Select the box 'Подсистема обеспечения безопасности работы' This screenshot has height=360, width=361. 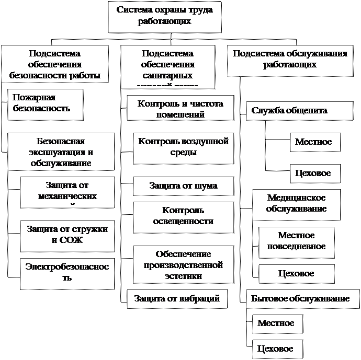point(55,64)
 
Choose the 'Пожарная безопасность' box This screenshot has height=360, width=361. point(46,103)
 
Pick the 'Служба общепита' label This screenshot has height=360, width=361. point(289,111)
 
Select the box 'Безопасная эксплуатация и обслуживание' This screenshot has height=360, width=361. point(61,152)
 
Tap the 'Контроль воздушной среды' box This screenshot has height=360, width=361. point(183,147)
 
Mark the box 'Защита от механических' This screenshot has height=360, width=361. point(67,192)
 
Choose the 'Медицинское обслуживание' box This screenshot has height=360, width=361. point(296,204)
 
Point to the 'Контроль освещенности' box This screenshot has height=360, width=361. point(183,216)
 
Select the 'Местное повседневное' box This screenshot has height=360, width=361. point(296,241)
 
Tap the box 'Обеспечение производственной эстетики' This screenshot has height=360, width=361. point(179,264)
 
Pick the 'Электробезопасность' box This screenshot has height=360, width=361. point(67,272)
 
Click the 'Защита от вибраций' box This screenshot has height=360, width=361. point(177,298)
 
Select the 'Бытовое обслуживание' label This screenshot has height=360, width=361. point(300,298)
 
